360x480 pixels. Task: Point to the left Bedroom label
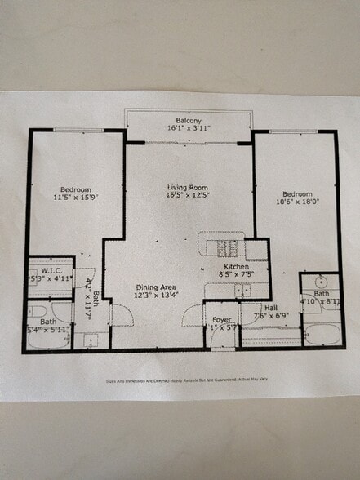coord(75,189)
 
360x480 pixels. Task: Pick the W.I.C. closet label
coord(51,270)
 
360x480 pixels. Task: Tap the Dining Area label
coord(153,286)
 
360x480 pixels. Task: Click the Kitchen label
coord(236,267)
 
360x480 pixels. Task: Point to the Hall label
coord(269,308)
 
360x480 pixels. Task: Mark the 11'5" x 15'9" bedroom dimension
coord(75,197)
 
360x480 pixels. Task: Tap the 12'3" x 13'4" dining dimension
coord(153,295)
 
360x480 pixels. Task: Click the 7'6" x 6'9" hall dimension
coord(272,316)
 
